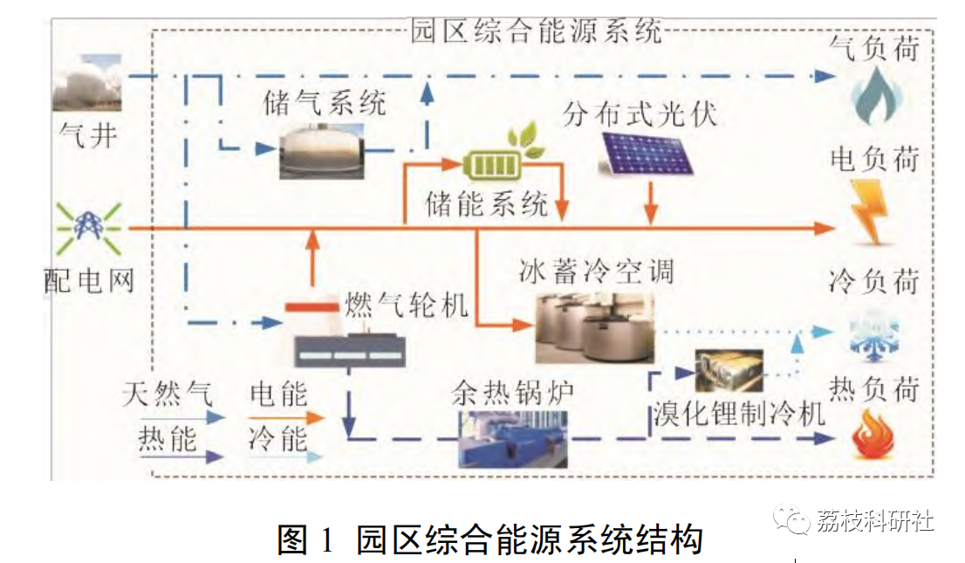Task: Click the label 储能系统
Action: pyautogui.click(x=486, y=203)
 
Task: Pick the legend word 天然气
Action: pyautogui.click(x=167, y=394)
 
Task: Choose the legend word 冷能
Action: pyautogui.click(x=278, y=439)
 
